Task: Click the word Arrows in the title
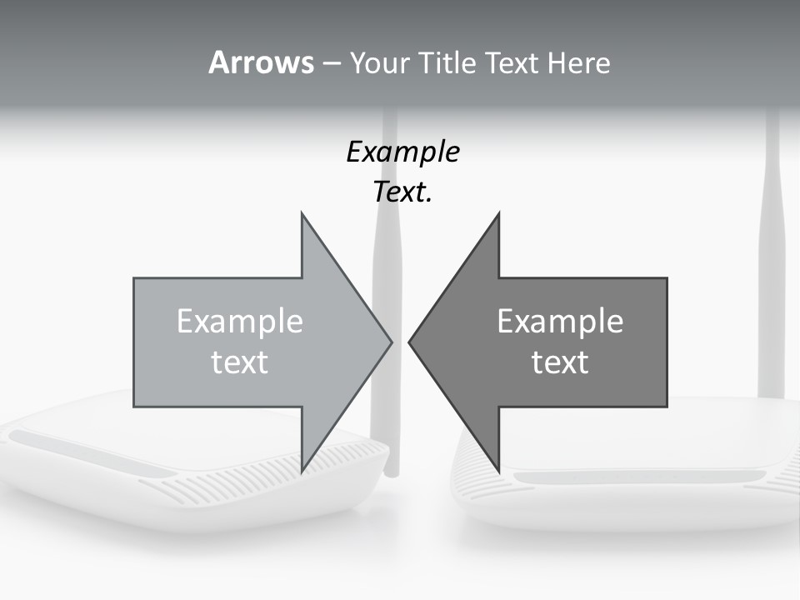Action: [x=260, y=62]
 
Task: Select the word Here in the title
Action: [x=578, y=63]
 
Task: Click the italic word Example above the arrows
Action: [x=402, y=152]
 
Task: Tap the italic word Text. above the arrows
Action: [x=402, y=192]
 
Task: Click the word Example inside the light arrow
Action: [x=239, y=321]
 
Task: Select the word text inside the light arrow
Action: [x=239, y=362]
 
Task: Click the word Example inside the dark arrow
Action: [x=560, y=321]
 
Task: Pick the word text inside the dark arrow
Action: [x=560, y=362]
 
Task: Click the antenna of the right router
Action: [x=772, y=250]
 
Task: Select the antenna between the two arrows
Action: [x=385, y=250]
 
